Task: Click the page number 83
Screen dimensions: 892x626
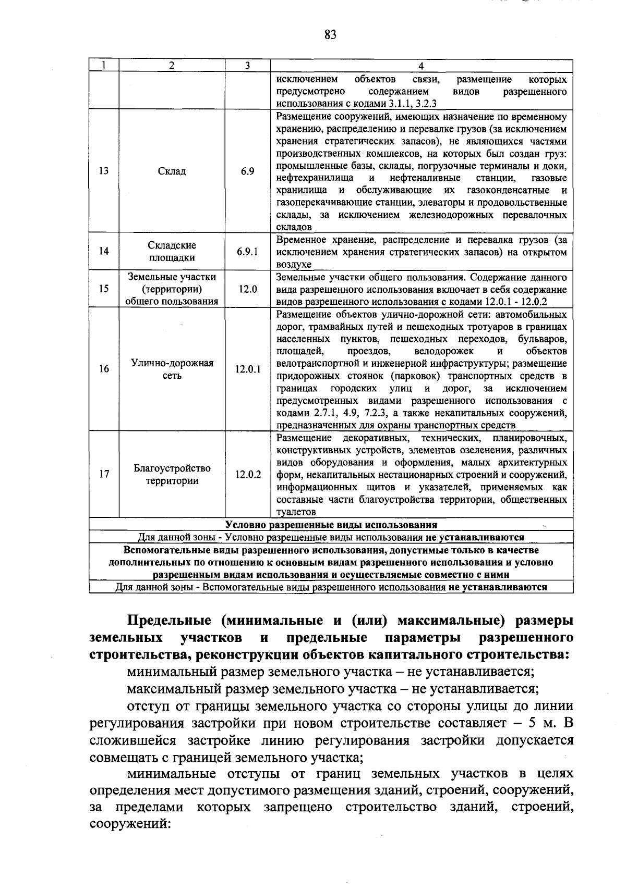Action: [330, 35]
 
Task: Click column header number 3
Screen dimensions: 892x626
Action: [247, 66]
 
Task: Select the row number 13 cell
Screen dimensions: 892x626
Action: [104, 171]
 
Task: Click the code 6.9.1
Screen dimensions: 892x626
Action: [247, 252]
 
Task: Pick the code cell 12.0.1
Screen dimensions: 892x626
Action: [247, 369]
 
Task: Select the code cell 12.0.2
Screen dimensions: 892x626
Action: [247, 475]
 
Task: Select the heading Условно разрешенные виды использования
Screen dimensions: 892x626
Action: [331, 525]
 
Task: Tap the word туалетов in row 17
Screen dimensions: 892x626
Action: [296, 513]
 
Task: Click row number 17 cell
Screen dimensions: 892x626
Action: [104, 475]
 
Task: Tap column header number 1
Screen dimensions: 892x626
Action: [104, 66]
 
